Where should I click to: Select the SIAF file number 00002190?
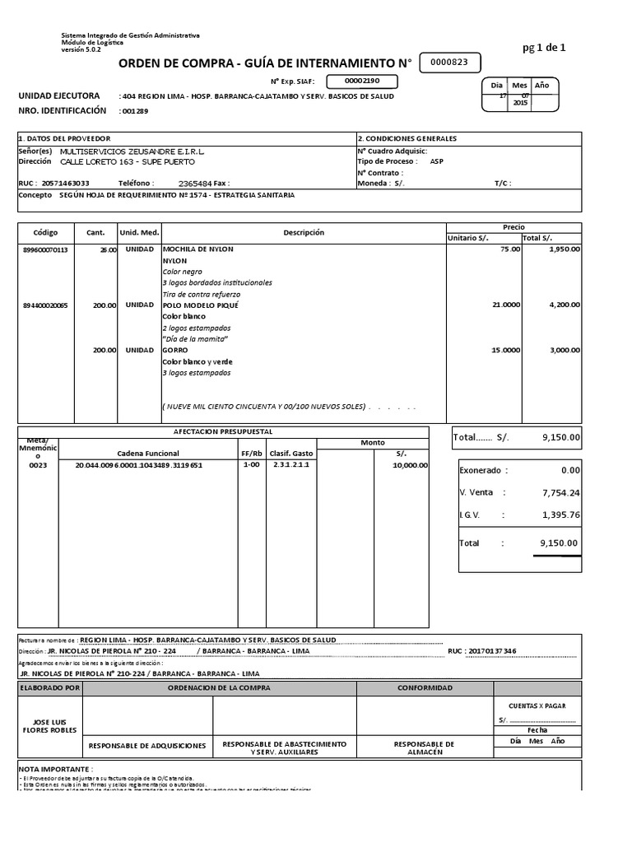coord(362,82)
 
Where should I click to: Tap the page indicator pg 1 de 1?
coord(544,47)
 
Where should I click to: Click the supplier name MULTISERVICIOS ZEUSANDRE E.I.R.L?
coord(134,151)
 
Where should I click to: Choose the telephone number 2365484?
coord(197,184)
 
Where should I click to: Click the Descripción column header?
coord(304,233)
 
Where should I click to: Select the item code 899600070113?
coord(46,249)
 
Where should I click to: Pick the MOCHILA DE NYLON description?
coord(198,249)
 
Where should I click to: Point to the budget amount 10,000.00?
coord(410,465)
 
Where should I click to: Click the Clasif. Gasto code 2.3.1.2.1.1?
coord(290,465)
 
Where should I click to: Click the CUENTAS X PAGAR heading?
coord(537,706)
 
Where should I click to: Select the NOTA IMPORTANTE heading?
coord(50,767)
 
